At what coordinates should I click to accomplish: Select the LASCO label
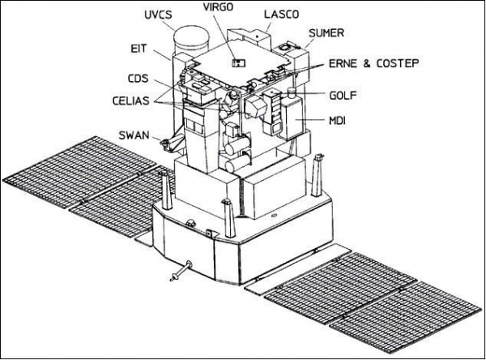point(281,15)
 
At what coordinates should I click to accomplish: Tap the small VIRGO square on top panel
point(237,62)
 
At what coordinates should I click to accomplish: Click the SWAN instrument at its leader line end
point(166,144)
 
